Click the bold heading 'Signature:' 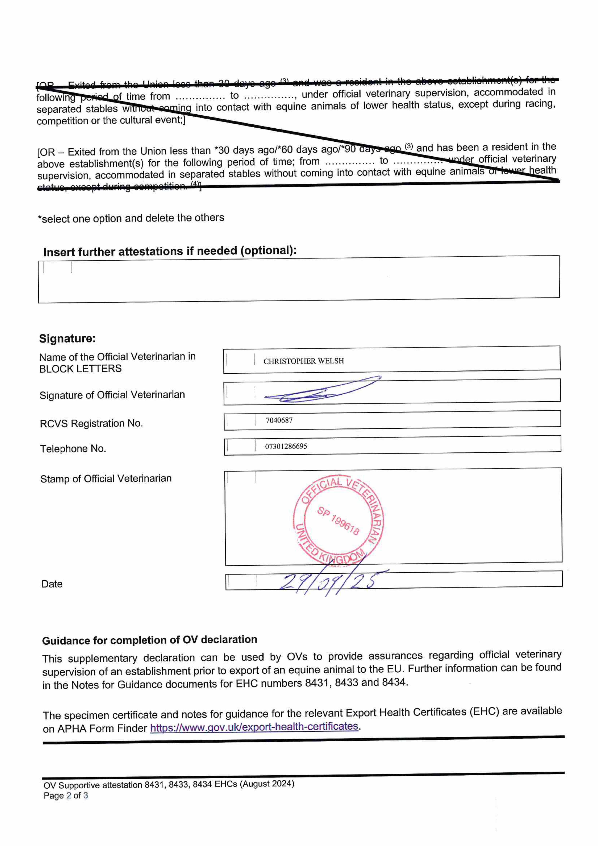67,338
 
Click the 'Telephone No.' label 73,448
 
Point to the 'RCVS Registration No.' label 91,423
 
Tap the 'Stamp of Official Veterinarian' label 106,479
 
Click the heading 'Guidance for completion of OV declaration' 149,640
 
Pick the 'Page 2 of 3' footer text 66,795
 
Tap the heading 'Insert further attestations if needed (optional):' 170,251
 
